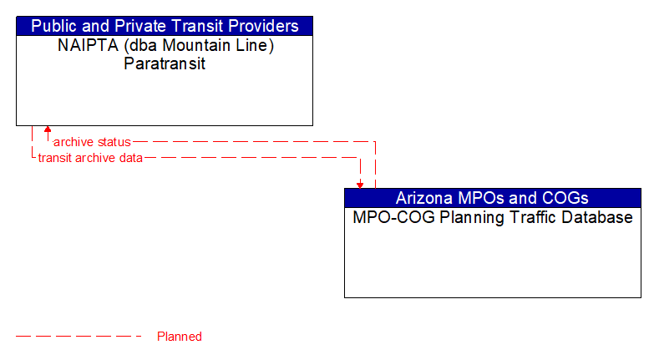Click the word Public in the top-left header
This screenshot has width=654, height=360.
coord(55,26)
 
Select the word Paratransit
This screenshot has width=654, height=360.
coord(165,64)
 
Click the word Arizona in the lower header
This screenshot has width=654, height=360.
coord(424,198)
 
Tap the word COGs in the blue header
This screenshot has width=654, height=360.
coord(565,198)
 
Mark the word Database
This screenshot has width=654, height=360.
coord(596,218)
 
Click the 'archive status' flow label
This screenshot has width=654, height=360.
coord(92,142)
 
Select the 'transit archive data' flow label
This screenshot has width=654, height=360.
coord(90,157)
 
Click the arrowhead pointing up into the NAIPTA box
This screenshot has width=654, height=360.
coord(48,130)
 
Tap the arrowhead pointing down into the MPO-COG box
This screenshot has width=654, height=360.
coord(360,184)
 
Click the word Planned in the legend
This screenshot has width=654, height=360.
coord(180,337)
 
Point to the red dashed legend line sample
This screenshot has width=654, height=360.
coord(79,337)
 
